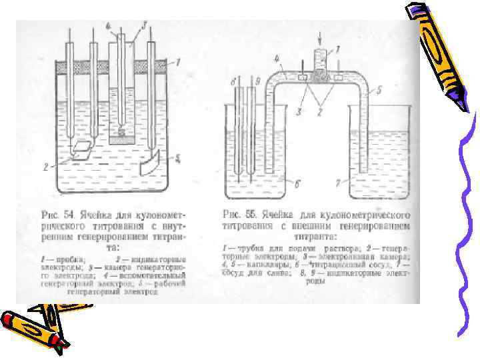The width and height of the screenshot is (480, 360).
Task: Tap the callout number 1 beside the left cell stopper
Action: click(178, 62)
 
